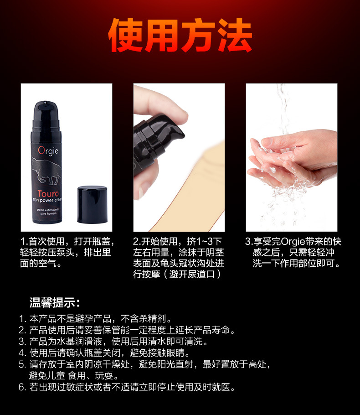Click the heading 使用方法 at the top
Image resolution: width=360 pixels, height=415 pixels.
pyautogui.click(x=180, y=36)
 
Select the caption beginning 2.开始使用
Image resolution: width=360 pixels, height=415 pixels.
pyautogui.click(x=178, y=258)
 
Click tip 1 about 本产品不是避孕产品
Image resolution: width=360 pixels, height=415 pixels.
pyautogui.click(x=100, y=319)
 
